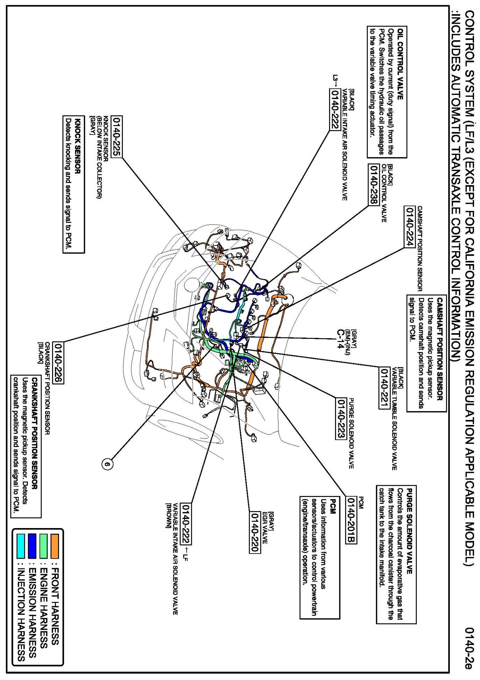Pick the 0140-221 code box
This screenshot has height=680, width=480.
(x=384, y=388)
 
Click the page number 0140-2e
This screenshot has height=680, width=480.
(x=469, y=648)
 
